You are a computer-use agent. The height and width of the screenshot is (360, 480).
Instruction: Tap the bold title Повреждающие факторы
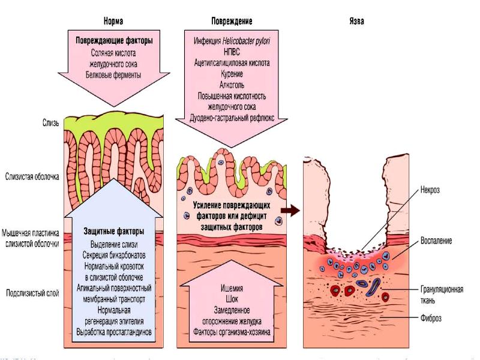[x=113, y=41]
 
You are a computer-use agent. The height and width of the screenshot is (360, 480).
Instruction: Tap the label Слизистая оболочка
[x=32, y=176]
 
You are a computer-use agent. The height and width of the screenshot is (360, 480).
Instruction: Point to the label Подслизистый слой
[x=32, y=293]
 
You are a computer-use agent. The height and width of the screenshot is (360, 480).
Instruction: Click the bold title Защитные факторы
[x=113, y=232]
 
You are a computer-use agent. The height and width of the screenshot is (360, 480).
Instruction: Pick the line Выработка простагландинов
[x=113, y=331]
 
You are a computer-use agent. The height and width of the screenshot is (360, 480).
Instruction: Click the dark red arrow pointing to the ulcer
[x=290, y=210]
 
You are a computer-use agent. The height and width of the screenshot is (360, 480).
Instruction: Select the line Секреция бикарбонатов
[x=113, y=254]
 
